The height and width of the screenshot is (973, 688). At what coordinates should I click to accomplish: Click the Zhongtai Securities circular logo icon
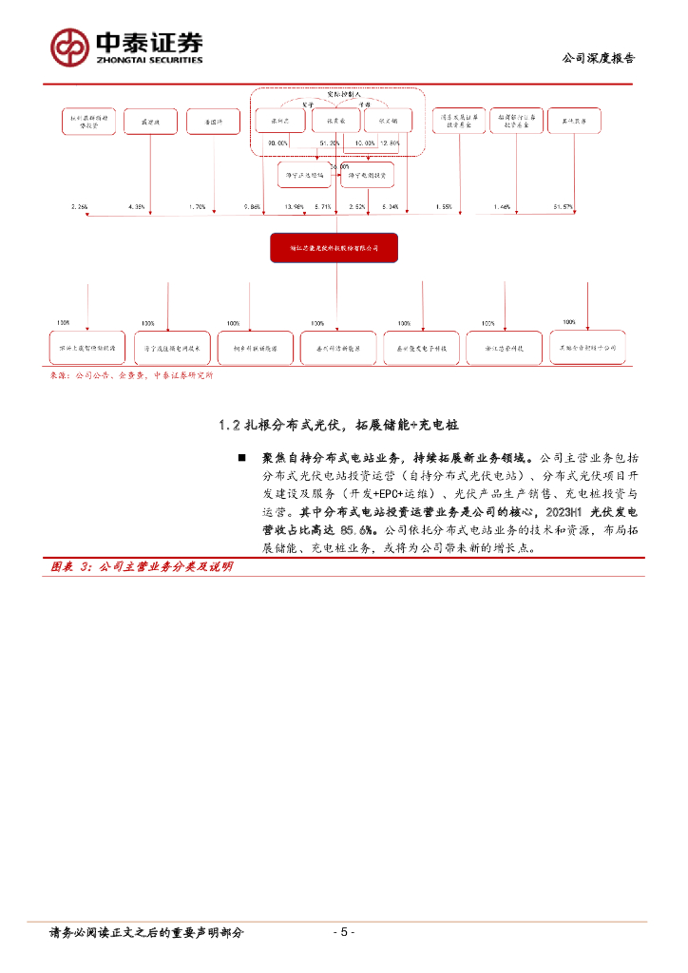click(x=70, y=46)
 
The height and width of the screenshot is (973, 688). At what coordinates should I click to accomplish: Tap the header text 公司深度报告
click(x=600, y=58)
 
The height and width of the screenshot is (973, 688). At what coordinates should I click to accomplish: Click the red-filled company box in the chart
click(x=333, y=248)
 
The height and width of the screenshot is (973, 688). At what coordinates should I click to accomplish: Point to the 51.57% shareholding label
click(x=563, y=206)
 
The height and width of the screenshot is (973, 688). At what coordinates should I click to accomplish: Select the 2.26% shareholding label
click(x=79, y=206)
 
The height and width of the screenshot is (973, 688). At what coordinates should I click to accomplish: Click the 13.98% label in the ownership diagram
click(x=295, y=206)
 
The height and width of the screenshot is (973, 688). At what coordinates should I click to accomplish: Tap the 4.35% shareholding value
click(x=137, y=206)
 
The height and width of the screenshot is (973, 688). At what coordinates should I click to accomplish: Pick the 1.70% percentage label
click(x=197, y=206)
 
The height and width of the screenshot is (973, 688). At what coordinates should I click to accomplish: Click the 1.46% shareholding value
click(x=502, y=206)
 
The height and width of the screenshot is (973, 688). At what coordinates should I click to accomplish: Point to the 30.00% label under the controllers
click(x=277, y=143)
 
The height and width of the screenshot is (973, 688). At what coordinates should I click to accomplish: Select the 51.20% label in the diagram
click(x=331, y=143)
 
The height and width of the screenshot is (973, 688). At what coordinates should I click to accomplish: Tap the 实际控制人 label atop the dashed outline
click(x=332, y=96)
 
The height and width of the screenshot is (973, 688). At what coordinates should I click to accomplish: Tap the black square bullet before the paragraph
click(x=242, y=459)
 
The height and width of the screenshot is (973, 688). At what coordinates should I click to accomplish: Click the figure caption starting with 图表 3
click(x=142, y=566)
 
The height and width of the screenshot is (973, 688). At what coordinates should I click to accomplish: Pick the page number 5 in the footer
click(x=345, y=932)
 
